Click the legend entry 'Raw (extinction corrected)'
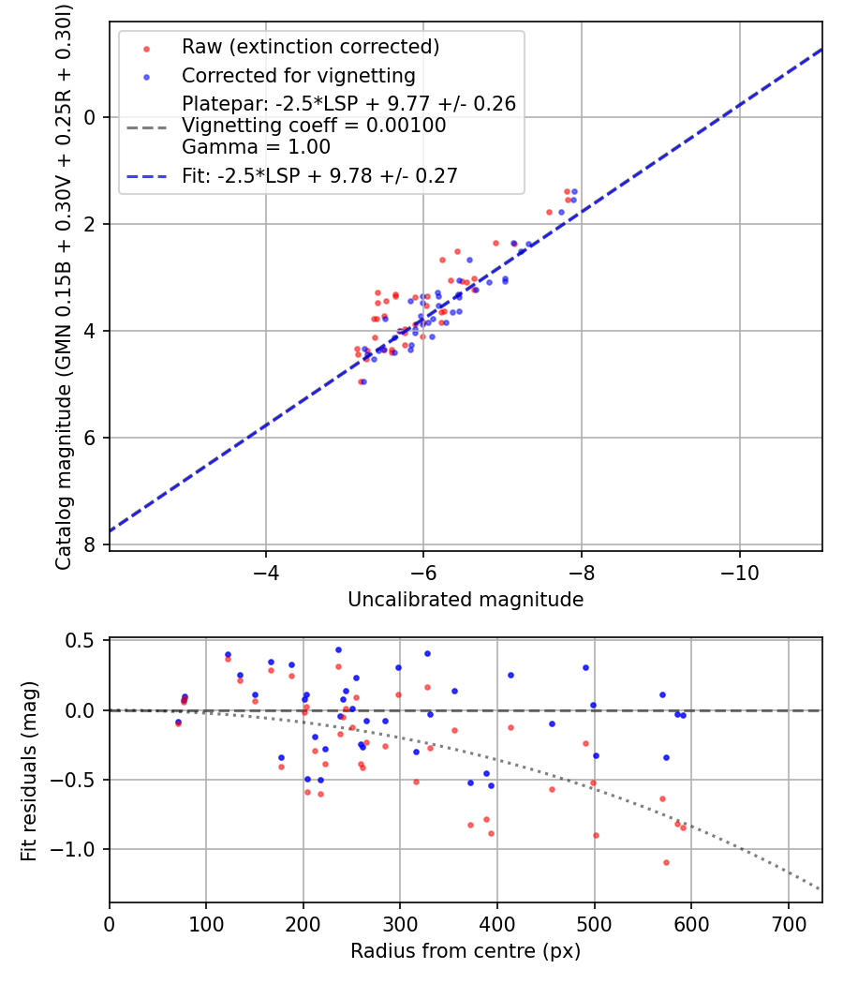310,47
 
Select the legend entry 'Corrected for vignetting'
298,76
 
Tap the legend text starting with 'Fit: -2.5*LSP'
319,175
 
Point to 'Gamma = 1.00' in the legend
256,147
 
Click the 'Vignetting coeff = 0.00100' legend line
314,126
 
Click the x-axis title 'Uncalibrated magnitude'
466,600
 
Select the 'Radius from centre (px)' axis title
466,951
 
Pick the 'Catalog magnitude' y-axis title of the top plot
64,286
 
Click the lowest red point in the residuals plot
666,862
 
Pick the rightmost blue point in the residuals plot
683,715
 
